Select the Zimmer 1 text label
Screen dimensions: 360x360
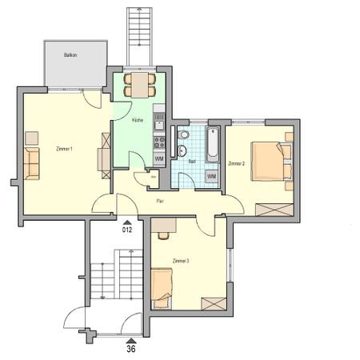click(x=65, y=150)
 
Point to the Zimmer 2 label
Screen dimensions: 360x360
click(x=236, y=163)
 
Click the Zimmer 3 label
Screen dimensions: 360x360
click(x=181, y=262)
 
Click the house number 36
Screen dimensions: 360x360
click(x=131, y=348)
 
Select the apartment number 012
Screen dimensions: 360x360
click(x=126, y=230)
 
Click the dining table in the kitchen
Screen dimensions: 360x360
click(x=140, y=84)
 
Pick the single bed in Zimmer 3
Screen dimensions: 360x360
click(x=162, y=287)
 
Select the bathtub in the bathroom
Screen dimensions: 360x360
click(x=213, y=145)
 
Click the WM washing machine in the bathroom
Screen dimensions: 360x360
click(x=211, y=176)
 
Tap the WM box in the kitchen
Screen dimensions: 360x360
click(x=158, y=159)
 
